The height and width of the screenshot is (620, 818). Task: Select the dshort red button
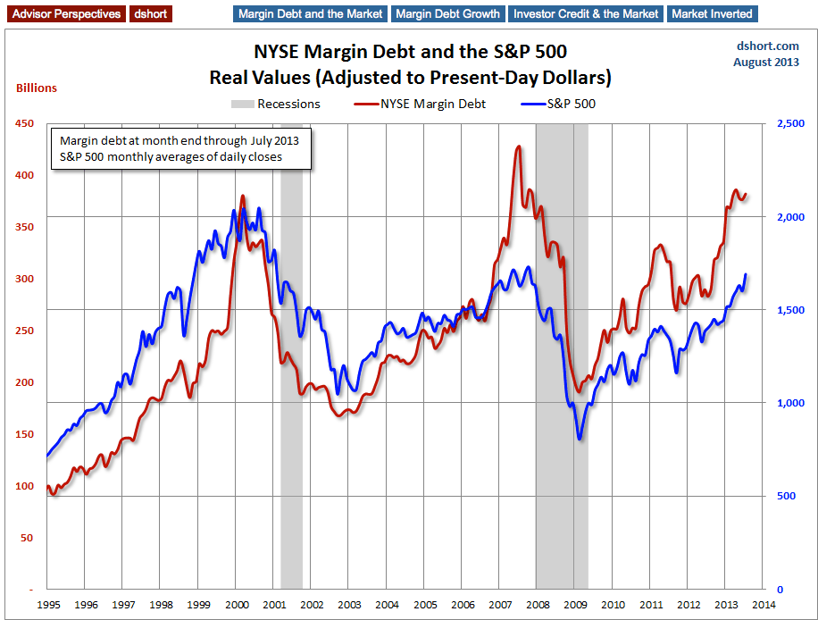click(150, 14)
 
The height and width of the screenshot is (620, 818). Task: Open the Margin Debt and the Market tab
click(309, 14)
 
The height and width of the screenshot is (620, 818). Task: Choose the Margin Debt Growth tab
click(447, 14)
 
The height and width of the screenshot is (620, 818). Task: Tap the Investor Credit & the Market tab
click(587, 14)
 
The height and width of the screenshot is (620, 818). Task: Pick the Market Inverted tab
click(713, 14)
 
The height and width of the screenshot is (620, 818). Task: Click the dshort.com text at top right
click(767, 46)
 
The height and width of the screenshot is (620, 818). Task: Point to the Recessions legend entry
click(276, 104)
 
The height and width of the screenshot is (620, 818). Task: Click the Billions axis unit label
click(37, 88)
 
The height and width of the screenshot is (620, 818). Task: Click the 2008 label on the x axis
click(537, 605)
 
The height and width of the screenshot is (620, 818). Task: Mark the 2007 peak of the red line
click(518, 147)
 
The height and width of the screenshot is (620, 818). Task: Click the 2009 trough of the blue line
click(580, 439)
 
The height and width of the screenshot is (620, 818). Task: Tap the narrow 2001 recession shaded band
click(291, 357)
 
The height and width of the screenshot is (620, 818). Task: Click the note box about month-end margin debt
click(179, 149)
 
